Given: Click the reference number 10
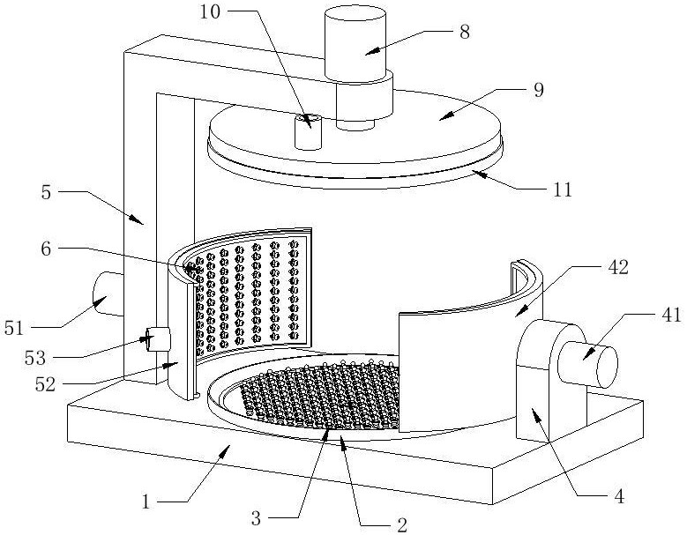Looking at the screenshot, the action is pyautogui.click(x=210, y=11).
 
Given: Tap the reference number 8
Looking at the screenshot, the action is pyautogui.click(x=465, y=32).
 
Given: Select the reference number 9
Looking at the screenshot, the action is pyautogui.click(x=539, y=90).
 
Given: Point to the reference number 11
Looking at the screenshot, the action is pyautogui.click(x=563, y=190).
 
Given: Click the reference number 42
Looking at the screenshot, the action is pyautogui.click(x=618, y=267).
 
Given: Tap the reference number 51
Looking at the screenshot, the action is pyautogui.click(x=13, y=328).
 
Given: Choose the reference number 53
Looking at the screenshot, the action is pyautogui.click(x=35, y=358).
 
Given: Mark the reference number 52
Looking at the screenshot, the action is pyautogui.click(x=46, y=385).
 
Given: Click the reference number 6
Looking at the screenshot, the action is pyautogui.click(x=46, y=249).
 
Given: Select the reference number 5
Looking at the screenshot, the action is pyautogui.click(x=46, y=193).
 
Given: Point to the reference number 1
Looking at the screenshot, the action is pyautogui.click(x=146, y=502).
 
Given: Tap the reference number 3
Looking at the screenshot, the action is pyautogui.click(x=256, y=519).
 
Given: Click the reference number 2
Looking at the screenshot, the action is pyautogui.click(x=402, y=524).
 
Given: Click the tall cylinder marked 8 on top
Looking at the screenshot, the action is pyautogui.click(x=355, y=45).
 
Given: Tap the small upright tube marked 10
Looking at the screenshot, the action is pyautogui.click(x=309, y=132).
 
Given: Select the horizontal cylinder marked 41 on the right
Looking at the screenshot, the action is pyautogui.click(x=587, y=364).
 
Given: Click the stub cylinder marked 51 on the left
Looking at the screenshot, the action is pyautogui.click(x=108, y=294).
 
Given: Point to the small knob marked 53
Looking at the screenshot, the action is pyautogui.click(x=156, y=339).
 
